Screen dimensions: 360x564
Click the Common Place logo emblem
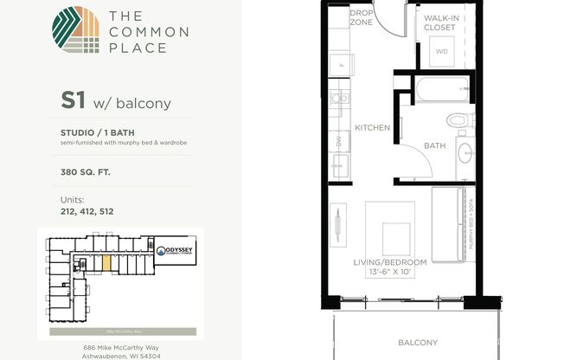(75, 31)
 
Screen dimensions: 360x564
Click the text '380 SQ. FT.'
(86, 171)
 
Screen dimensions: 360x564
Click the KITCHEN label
(373, 128)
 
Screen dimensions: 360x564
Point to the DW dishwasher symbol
(338, 139)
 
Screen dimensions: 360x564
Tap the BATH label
(434, 146)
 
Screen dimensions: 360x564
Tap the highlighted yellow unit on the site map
(106, 262)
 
